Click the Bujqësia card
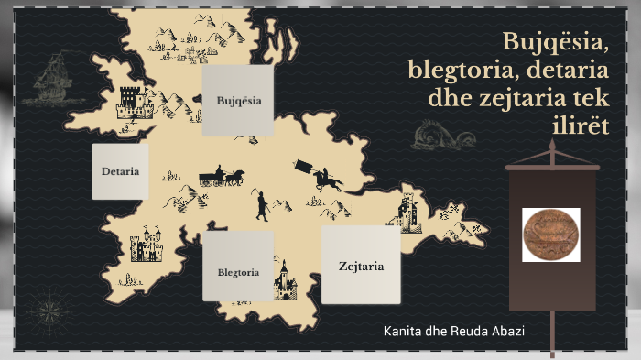click(238, 100)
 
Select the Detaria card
click(120, 171)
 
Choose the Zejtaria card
click(361, 266)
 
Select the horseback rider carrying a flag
click(320, 175)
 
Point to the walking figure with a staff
click(261, 206)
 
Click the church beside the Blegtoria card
click(287, 278)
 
